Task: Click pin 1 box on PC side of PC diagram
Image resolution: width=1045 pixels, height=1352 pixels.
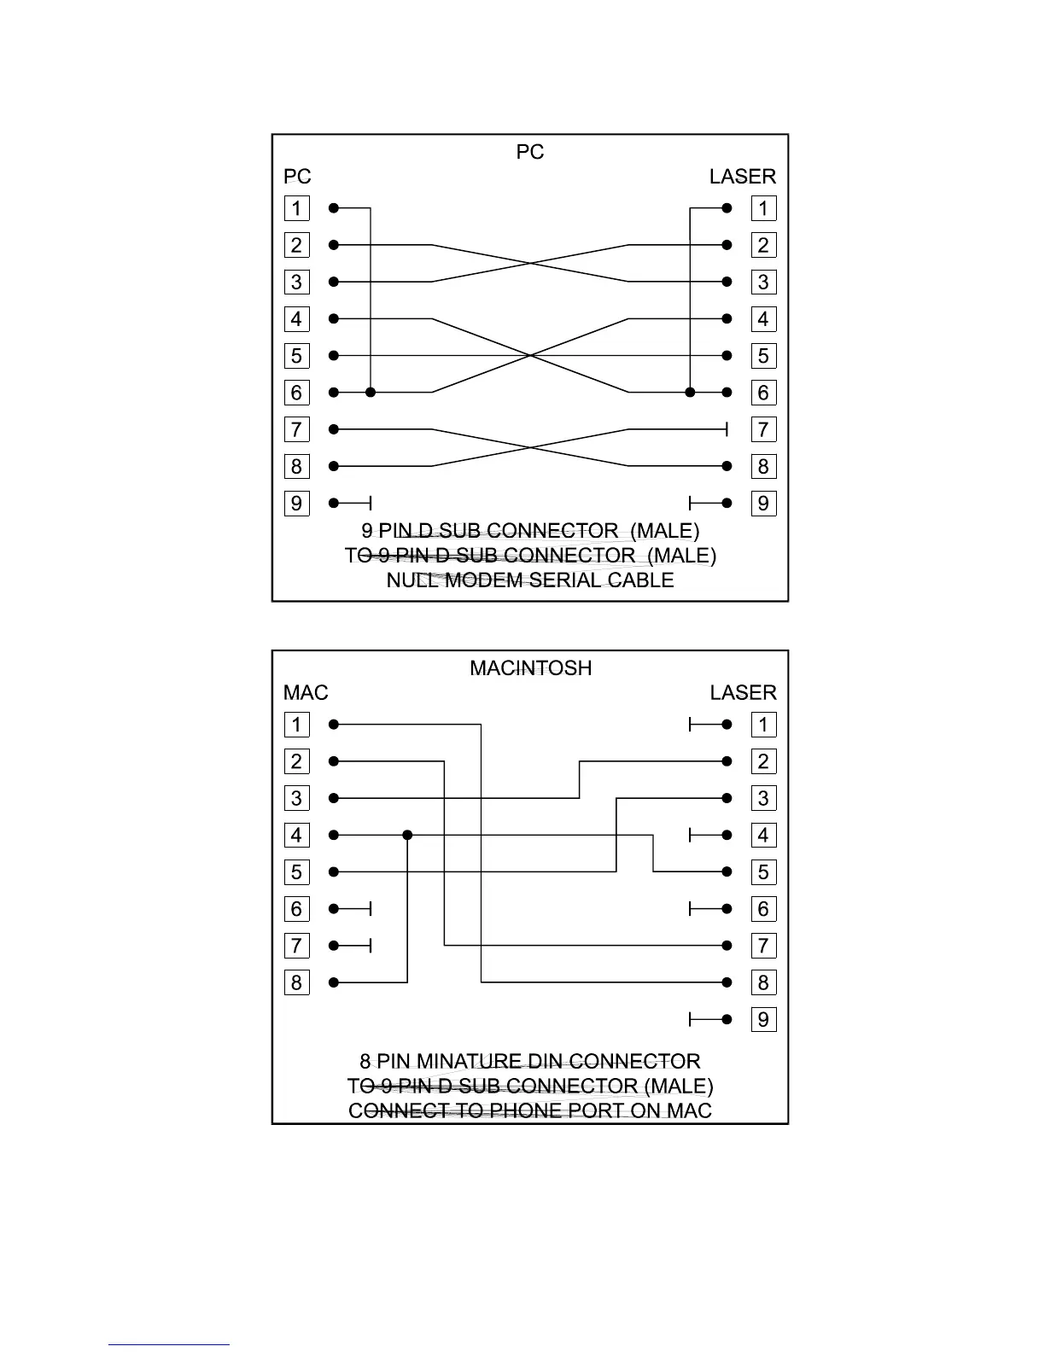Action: point(296,208)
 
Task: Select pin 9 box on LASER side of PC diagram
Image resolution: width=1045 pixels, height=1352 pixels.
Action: point(763,504)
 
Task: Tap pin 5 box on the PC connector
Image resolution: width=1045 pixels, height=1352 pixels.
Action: point(296,356)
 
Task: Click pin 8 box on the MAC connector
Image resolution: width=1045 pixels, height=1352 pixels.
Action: point(296,983)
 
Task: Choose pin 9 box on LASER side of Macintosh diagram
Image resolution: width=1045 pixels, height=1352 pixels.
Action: point(763,1020)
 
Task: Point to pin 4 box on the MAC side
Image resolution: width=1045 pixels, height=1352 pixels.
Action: point(296,836)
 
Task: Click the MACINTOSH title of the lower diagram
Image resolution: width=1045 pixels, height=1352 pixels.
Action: point(530,668)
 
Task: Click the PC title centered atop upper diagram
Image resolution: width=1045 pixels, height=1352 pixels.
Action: point(530,152)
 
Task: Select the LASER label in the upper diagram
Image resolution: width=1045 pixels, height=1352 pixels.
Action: point(742,177)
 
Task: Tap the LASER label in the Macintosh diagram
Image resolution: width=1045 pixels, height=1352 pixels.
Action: point(742,693)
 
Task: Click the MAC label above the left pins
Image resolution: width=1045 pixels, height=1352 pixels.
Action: point(306,693)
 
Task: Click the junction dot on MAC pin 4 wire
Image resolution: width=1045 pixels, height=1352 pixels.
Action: point(407,836)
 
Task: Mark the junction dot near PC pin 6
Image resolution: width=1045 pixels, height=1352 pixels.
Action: point(371,393)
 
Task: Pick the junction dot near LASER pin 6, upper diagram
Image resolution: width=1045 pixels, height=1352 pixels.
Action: point(690,393)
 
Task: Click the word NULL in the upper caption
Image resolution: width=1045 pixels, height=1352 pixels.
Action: point(412,580)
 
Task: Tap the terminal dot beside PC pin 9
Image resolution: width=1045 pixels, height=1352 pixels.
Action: point(334,504)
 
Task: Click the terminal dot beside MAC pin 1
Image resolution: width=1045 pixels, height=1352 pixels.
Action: point(334,725)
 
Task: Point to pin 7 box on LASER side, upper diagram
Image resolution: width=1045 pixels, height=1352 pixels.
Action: point(763,429)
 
